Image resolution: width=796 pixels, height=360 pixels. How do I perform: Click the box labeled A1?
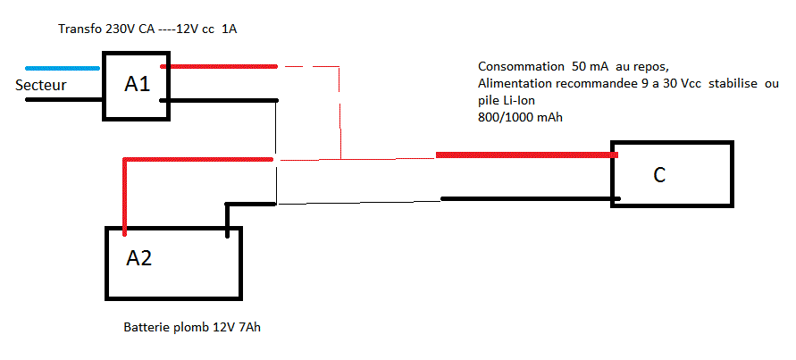click(x=134, y=86)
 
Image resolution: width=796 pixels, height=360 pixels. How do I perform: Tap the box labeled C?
click(x=672, y=173)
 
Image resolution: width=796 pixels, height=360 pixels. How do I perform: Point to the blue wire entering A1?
click(x=63, y=68)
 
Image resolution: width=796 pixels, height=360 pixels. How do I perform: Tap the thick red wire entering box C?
click(x=527, y=155)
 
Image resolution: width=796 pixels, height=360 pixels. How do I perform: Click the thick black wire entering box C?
click(x=527, y=198)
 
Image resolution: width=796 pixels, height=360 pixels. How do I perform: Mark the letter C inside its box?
click(x=659, y=175)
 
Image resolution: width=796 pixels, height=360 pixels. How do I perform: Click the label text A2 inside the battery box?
click(x=139, y=258)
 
